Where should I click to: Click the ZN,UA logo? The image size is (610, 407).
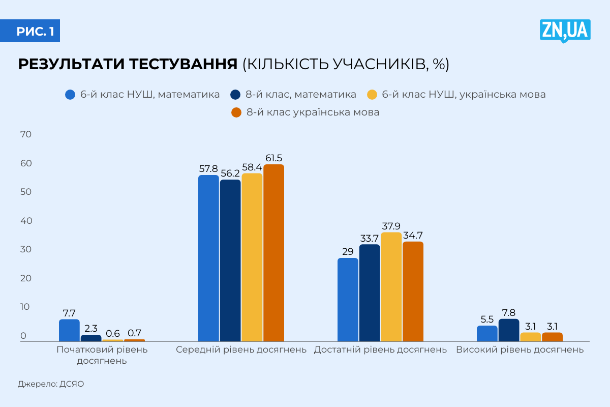click(565, 31)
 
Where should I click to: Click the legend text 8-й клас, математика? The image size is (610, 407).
click(301, 95)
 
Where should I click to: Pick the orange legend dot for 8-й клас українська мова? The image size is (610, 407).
click(236, 112)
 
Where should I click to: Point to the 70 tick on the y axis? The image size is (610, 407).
click(26, 134)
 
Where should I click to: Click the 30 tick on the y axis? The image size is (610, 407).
click(26, 249)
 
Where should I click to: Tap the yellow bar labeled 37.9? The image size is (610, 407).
click(391, 286)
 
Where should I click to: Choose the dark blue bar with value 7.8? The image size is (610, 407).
click(509, 330)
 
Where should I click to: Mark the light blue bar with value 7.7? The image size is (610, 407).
click(69, 330)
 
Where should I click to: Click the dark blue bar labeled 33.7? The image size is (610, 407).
click(370, 293)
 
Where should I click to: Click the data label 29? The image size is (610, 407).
click(348, 251)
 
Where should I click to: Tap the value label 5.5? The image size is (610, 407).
click(487, 319)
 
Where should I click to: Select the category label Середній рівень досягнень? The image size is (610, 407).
click(241, 350)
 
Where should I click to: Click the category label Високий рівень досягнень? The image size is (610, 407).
click(520, 350)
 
